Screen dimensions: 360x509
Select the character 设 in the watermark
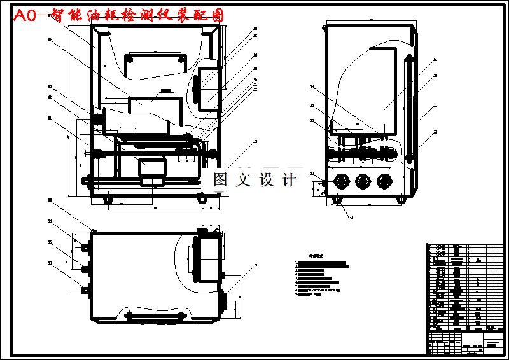tap(266, 180)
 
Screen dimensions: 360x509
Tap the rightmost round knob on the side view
tap(384, 181)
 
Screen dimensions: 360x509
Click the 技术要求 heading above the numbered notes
tap(316, 256)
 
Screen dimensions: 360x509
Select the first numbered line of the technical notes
tap(321, 263)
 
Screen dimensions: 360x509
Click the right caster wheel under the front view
tap(202, 200)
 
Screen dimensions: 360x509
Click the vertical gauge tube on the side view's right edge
tap(408, 108)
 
